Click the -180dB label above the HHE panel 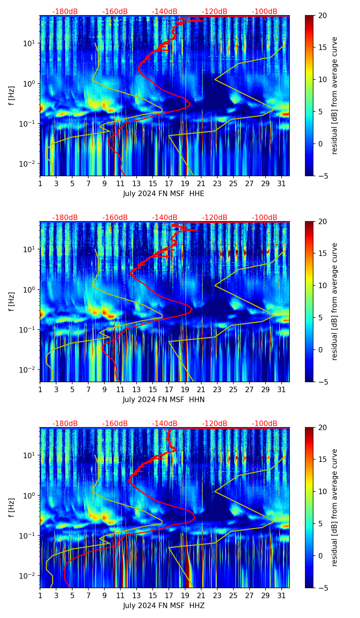65,12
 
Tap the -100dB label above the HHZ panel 265,424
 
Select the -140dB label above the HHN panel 165,218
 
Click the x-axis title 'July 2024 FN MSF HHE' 164,194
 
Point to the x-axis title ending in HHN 164,400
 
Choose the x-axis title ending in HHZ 164,606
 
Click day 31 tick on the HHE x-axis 282,184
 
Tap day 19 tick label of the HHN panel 185,390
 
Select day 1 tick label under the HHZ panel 40,596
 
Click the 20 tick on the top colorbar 322,16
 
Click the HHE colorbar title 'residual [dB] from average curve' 335,95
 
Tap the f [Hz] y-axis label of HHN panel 12,301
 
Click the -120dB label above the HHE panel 215,12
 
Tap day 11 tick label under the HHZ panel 121,596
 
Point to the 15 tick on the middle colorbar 322,254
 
